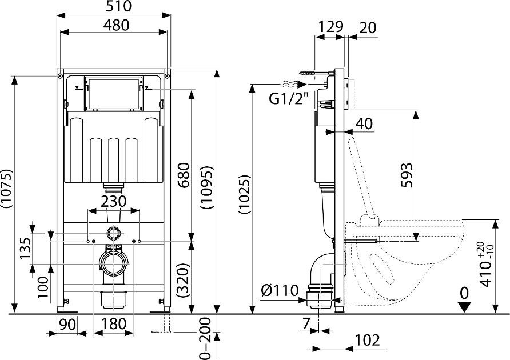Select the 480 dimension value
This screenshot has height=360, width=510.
pos(117,25)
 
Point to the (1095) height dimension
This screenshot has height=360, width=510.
pos(208,187)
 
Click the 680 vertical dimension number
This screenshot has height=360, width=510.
pos(184,175)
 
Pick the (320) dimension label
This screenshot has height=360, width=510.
pos(184,281)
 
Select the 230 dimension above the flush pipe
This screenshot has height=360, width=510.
pos(114,201)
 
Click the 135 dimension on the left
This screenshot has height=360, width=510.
pos(25,248)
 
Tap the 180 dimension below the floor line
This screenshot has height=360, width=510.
pos(114,324)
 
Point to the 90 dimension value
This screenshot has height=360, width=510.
pos(67,324)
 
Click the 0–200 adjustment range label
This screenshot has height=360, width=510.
pos(205,338)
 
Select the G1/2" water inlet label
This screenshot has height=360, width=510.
pos(289,98)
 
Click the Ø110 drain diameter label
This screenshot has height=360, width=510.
pos(280,290)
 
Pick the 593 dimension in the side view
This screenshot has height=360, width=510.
pos(407,175)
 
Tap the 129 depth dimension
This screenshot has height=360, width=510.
pos(330,27)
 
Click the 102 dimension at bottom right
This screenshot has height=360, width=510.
pos(367,340)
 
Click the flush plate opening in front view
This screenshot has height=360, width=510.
pos(113,93)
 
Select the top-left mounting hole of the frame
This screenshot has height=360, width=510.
pos(60,76)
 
